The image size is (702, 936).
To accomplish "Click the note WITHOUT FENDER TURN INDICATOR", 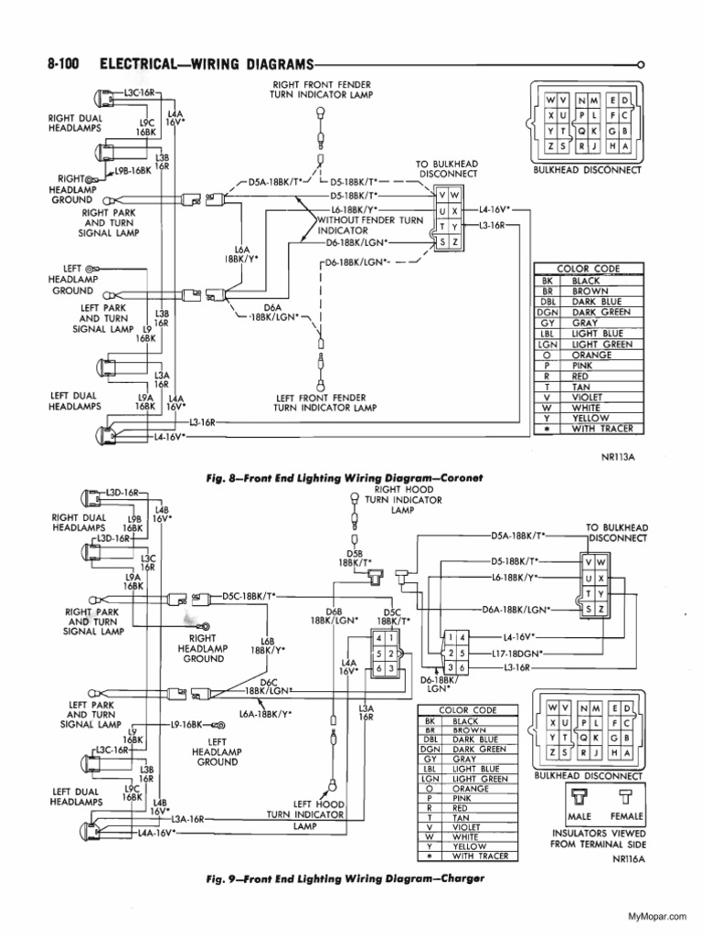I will tap(369, 226).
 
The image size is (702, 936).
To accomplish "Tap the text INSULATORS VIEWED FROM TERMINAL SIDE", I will tap(599, 839).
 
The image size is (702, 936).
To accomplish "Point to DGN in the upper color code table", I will tap(548, 311).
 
